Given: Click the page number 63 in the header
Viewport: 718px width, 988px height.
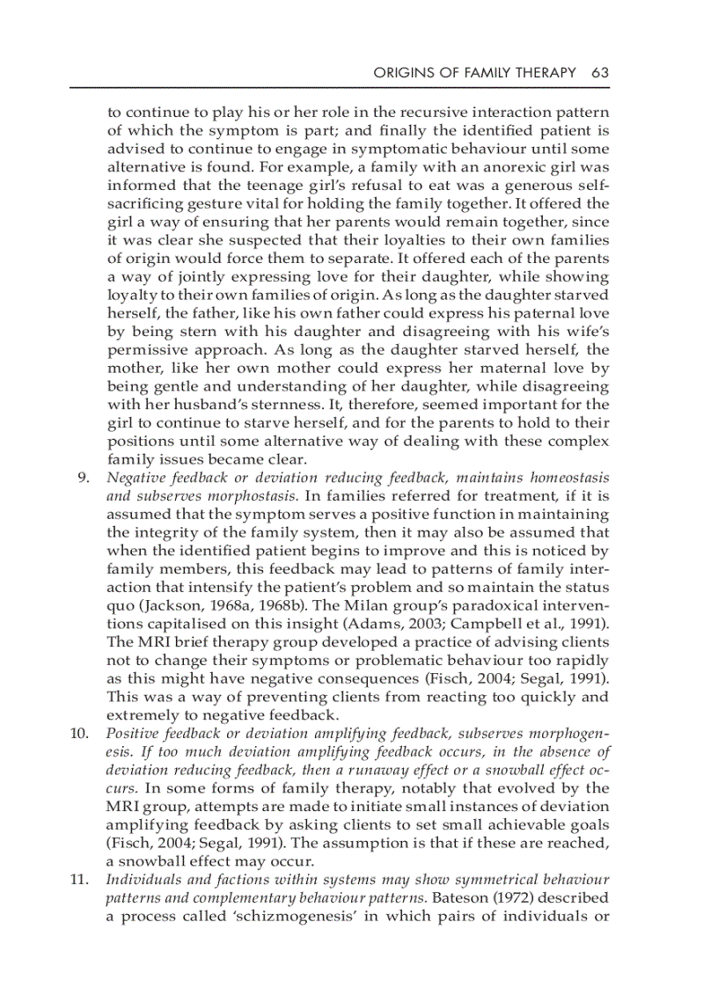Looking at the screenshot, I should (x=600, y=72).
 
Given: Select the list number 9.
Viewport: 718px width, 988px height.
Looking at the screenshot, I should (x=84, y=478).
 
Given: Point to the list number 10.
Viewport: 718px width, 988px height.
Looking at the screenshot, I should (x=81, y=734).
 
